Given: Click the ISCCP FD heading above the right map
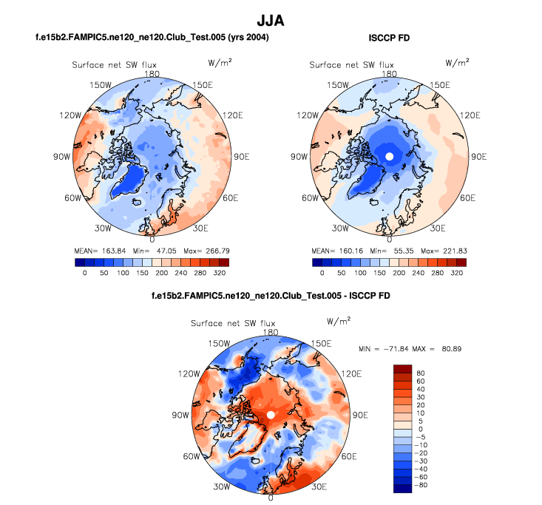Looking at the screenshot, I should (x=389, y=37).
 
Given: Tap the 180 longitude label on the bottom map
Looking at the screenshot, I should (x=271, y=333).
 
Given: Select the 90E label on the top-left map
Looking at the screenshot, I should (x=242, y=157).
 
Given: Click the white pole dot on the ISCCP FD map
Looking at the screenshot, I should (x=389, y=156).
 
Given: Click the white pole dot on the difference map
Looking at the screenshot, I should (x=271, y=416).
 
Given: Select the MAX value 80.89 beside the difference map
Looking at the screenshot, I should (x=447, y=348).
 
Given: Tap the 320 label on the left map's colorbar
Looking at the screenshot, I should (x=220, y=272).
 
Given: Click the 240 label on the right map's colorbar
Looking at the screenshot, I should (x=418, y=272).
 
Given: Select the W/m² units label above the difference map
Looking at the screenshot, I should (x=339, y=320).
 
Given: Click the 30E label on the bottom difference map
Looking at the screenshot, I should (x=319, y=487).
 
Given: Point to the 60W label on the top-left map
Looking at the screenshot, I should (x=72, y=198).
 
